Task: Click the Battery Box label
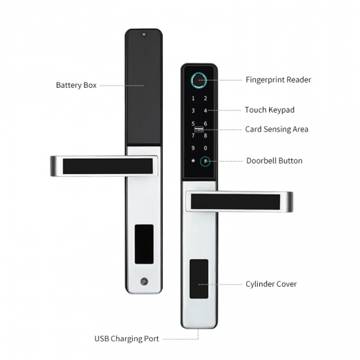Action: (76, 85)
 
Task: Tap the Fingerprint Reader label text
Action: (278, 80)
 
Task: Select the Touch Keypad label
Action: (270, 110)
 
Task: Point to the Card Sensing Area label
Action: (277, 129)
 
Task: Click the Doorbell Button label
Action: (274, 161)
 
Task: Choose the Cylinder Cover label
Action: (271, 284)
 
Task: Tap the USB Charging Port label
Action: (126, 339)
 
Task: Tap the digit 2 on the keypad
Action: (206, 98)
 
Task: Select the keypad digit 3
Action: (193, 111)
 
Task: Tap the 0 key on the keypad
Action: (206, 148)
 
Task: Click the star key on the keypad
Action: (193, 160)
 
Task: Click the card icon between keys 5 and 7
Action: (199, 130)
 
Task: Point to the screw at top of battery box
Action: (144, 35)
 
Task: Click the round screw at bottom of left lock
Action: (144, 281)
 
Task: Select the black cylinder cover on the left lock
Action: (144, 244)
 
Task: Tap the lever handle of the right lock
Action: (239, 202)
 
